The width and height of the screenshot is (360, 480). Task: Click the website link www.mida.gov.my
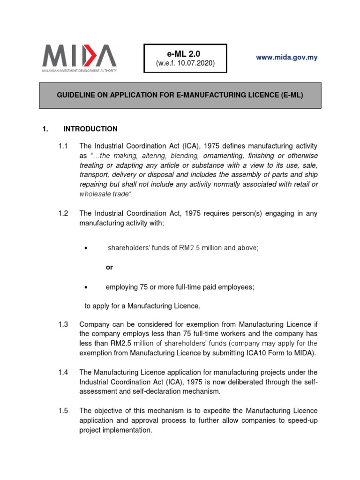pyautogui.click(x=286, y=57)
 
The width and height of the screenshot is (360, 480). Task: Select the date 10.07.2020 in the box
pyautogui.click(x=196, y=63)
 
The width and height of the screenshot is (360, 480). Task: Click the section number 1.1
pyautogui.click(x=63, y=146)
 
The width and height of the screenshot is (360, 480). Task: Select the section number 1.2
pyautogui.click(x=63, y=213)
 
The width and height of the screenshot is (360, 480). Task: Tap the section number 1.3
pyautogui.click(x=63, y=324)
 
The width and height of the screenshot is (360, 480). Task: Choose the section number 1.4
pyautogui.click(x=63, y=372)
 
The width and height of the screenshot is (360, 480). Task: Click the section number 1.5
pyautogui.click(x=63, y=411)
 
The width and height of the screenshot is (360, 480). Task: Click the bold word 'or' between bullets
pyautogui.click(x=109, y=267)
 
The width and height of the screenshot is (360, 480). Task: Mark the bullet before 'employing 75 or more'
pyautogui.click(x=86, y=287)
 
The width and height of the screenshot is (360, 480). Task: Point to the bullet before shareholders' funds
pyautogui.click(x=86, y=248)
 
